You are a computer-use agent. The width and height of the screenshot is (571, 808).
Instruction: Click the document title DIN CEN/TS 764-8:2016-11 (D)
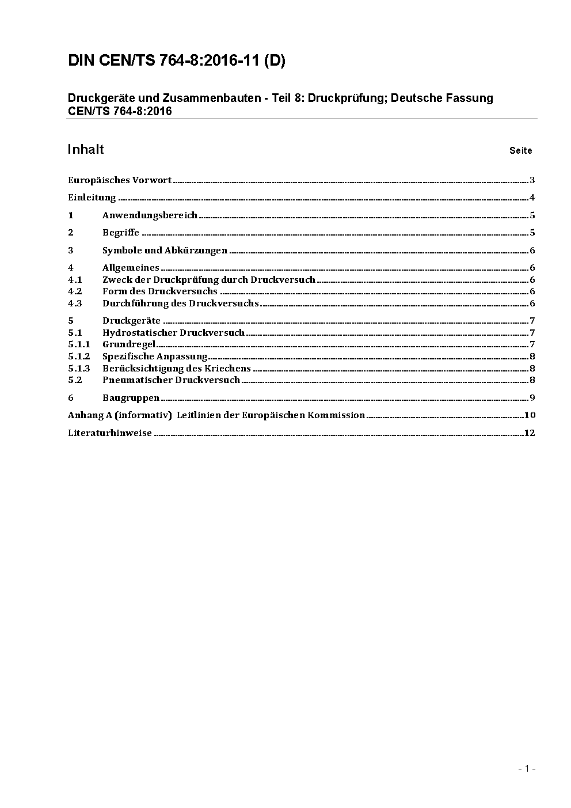click(x=176, y=61)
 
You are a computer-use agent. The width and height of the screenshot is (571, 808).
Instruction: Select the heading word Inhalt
click(x=85, y=150)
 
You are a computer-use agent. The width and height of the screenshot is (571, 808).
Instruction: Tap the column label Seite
click(x=520, y=151)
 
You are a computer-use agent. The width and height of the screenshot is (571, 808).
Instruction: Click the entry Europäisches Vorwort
click(x=120, y=180)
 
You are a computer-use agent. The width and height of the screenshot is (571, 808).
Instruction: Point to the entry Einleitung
click(x=92, y=198)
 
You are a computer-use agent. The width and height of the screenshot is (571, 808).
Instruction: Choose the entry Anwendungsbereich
click(x=150, y=215)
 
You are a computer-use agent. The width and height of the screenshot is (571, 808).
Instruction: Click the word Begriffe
click(x=121, y=233)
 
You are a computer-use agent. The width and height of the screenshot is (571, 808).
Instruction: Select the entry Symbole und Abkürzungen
click(x=165, y=251)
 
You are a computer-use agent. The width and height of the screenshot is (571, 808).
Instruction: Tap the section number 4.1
click(x=75, y=280)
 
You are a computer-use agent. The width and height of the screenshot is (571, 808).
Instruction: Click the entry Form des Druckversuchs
click(x=159, y=291)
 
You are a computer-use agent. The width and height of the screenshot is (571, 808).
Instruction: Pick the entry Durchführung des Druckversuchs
click(x=180, y=304)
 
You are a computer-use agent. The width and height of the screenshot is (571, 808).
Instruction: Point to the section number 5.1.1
click(x=79, y=344)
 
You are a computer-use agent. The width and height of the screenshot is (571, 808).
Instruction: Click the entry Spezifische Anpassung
click(x=154, y=356)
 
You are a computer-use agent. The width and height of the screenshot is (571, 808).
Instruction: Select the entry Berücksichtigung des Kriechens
click(x=176, y=368)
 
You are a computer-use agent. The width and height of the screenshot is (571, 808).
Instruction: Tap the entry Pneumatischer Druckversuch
click(x=171, y=380)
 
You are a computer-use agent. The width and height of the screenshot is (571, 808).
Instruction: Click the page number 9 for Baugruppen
click(x=532, y=397)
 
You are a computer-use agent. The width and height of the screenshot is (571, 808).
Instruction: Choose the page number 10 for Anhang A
click(x=530, y=415)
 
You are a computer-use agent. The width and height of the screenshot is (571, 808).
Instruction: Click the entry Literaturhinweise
click(x=110, y=433)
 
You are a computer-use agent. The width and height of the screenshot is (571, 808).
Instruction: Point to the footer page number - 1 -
click(x=527, y=768)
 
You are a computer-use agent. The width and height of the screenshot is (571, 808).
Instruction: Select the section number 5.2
click(x=75, y=380)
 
